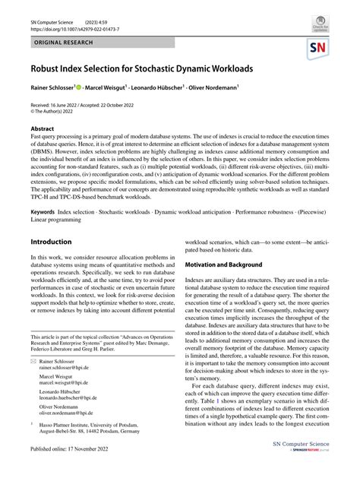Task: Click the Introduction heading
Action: click(x=51, y=242)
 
